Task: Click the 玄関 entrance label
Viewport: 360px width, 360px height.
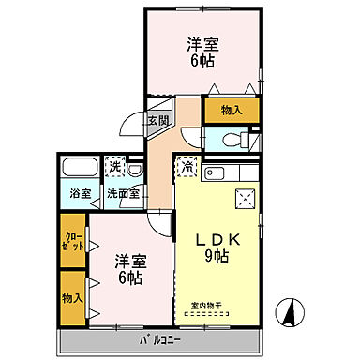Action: [157, 120]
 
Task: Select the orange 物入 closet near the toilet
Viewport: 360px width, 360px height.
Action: [231, 111]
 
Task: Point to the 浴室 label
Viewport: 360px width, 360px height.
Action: [79, 194]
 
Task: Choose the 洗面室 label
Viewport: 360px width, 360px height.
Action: [123, 194]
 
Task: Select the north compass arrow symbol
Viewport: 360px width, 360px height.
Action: [292, 313]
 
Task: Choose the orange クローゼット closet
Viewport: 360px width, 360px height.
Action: [71, 242]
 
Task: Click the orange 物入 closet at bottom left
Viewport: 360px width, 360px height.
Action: [72, 297]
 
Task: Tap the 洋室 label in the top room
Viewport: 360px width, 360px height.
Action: [202, 42]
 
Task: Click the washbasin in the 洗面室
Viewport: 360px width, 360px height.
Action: [135, 170]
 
